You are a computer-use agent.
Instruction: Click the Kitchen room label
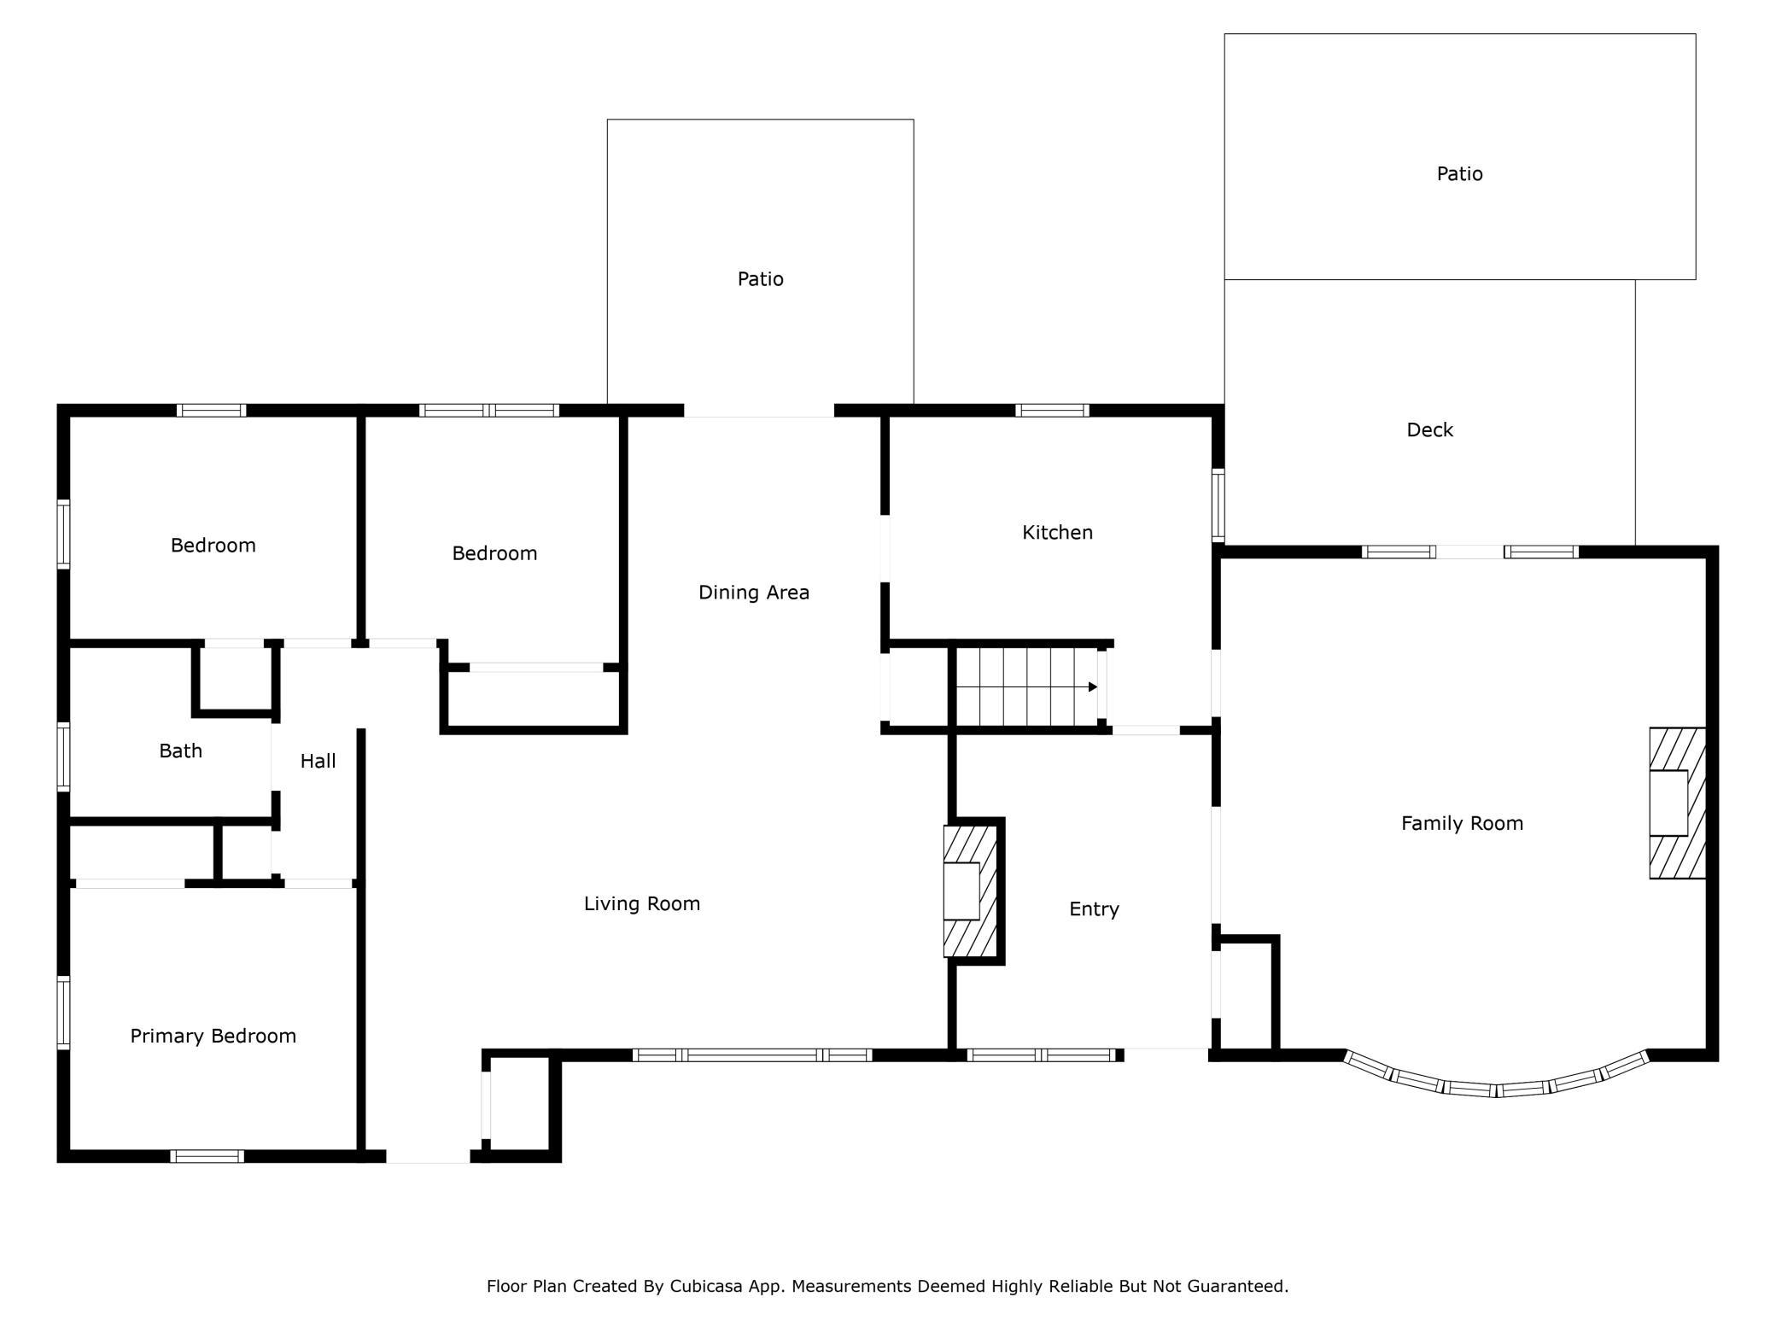click(1057, 533)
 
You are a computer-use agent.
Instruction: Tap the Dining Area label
click(754, 593)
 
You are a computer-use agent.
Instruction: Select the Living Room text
click(642, 903)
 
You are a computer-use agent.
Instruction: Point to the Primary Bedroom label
click(213, 1036)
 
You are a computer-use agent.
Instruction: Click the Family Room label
click(1462, 823)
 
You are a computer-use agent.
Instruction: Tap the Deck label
click(1430, 429)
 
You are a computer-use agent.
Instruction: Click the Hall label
click(318, 761)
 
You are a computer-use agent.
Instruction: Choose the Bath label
click(181, 751)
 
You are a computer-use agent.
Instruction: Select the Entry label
click(1094, 909)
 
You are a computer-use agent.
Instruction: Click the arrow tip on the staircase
click(1097, 686)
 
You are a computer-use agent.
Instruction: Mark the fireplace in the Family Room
click(1677, 803)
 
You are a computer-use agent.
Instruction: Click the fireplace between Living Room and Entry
click(970, 891)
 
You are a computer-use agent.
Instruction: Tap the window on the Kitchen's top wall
click(1052, 411)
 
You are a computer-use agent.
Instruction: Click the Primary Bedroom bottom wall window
click(207, 1156)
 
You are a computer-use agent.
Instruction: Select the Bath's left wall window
click(63, 757)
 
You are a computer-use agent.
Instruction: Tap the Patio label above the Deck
click(1459, 174)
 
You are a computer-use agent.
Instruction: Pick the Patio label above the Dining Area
click(761, 279)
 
